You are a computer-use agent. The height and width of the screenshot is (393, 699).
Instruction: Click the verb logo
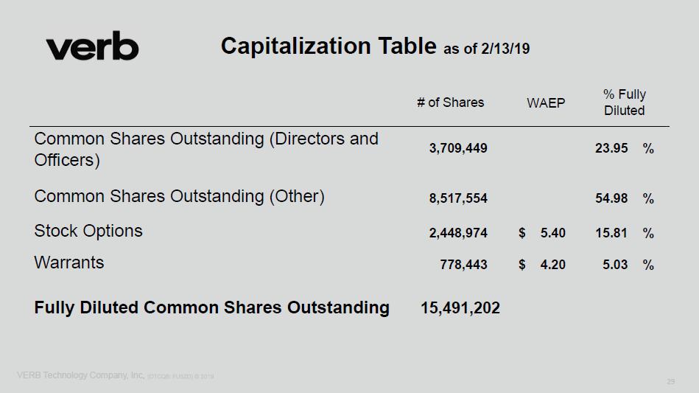pos(92,48)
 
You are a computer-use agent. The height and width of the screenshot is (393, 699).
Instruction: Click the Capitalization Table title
pos(329,46)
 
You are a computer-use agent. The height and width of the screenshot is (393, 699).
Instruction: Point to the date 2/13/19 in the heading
pos(505,49)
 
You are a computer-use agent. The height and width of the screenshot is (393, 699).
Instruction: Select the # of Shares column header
pos(450,102)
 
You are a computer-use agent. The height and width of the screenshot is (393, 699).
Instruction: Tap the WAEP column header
pos(546,103)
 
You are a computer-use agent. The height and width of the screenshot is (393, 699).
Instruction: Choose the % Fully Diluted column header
pos(624,102)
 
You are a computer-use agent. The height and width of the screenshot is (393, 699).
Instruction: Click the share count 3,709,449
pos(458,148)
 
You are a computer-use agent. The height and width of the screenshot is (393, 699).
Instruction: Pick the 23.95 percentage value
pos(611,148)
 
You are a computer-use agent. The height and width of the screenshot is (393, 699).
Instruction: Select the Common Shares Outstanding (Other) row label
pos(179,196)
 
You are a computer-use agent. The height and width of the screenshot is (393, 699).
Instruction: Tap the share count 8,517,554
pos(458,198)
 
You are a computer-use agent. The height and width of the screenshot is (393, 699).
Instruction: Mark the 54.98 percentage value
pos(611,198)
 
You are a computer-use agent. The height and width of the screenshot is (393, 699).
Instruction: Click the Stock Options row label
pos(88,231)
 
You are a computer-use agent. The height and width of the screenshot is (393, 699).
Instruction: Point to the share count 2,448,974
pos(458,233)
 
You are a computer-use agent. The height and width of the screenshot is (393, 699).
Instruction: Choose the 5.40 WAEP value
pos(552,233)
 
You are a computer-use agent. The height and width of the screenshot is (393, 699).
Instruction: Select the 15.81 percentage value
pos(611,233)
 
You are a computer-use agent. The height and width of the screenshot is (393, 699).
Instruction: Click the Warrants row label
pos(69,262)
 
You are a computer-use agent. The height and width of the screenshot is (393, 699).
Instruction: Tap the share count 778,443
pos(463,265)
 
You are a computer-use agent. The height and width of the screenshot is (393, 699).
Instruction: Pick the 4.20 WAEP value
pos(552,265)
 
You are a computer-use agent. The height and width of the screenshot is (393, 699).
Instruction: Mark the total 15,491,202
pos(460,308)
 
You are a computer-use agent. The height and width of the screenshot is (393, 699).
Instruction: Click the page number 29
pos(670,381)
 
